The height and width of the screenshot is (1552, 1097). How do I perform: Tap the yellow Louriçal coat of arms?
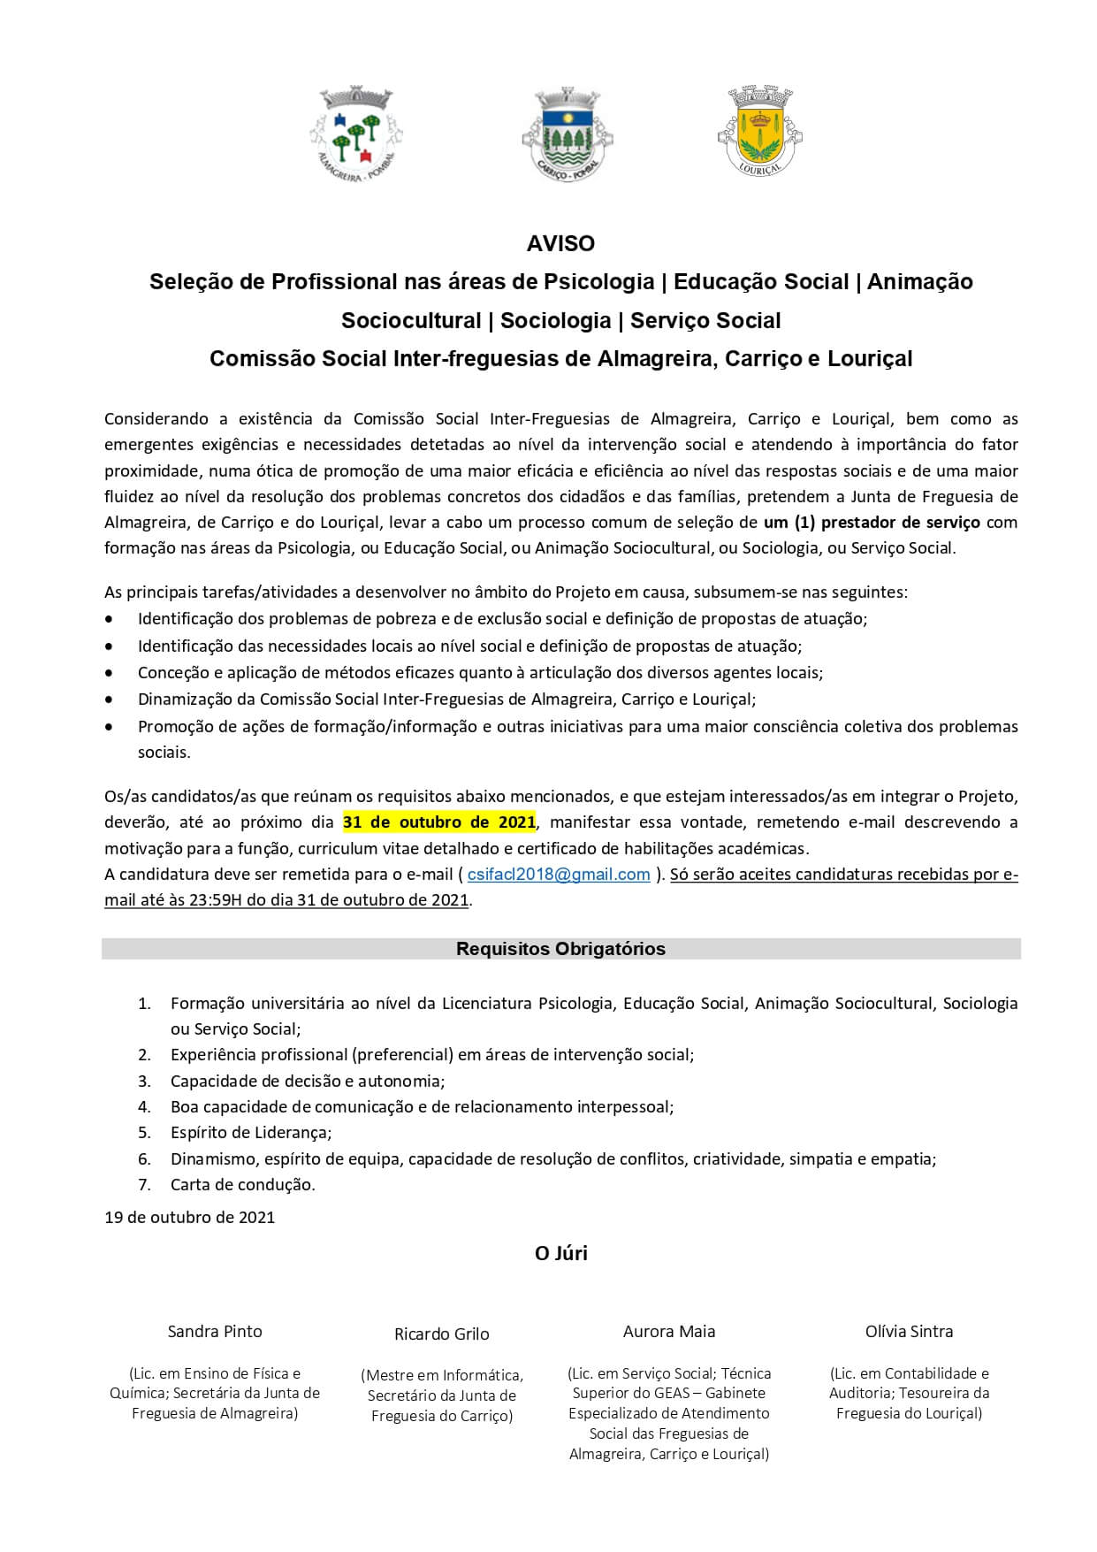coord(759,130)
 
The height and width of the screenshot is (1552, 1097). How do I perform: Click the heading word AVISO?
coord(560,243)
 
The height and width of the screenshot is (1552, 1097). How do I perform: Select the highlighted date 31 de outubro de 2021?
coord(439,822)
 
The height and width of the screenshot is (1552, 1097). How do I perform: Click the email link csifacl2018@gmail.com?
coord(559,875)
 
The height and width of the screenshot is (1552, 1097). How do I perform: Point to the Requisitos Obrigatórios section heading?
coord(560,949)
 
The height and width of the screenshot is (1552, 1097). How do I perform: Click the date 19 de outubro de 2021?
coord(190,1218)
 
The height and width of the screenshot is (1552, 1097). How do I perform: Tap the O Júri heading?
coord(560,1253)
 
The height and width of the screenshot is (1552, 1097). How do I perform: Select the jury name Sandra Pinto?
coord(215,1331)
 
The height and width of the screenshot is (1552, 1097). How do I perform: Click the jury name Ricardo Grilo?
coord(441,1334)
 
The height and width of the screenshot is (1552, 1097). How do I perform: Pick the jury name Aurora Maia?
coord(669,1331)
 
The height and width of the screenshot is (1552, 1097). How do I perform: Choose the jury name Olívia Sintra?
coord(909,1331)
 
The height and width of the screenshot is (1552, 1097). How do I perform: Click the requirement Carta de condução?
coord(243,1184)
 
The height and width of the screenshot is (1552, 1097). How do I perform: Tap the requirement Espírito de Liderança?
coord(251,1133)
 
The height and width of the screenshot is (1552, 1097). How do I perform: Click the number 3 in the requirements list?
coord(143,1081)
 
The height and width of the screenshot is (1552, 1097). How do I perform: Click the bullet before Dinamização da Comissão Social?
coord(109,700)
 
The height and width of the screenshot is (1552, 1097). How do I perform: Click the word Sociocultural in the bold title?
coord(410,320)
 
